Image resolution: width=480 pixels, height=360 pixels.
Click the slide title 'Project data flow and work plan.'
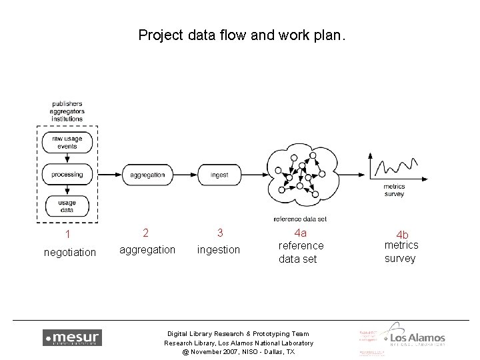(241, 35)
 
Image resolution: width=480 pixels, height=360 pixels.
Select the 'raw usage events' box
(67, 142)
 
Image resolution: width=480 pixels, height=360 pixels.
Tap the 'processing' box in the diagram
(67, 174)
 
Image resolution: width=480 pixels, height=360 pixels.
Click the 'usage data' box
(67, 206)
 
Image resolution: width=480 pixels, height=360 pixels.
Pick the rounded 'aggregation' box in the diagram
(147, 175)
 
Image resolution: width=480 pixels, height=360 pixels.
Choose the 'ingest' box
(219, 175)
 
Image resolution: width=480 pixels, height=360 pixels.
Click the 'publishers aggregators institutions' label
(67, 111)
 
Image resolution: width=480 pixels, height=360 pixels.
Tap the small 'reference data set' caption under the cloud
(300, 219)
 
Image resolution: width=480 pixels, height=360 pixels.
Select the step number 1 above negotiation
(67, 234)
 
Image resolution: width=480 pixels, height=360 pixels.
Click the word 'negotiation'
(69, 252)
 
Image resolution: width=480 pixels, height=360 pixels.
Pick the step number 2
(146, 233)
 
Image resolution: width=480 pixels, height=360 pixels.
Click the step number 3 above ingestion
(219, 233)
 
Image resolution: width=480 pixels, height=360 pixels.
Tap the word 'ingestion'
(219, 249)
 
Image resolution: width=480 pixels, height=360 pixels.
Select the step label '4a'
(301, 233)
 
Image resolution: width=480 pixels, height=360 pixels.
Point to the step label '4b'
(403, 235)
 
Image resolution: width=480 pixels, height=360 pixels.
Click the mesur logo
(72, 337)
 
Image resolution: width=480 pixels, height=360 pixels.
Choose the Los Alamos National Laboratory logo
(413, 338)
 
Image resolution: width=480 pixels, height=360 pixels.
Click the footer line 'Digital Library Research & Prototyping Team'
(238, 333)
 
